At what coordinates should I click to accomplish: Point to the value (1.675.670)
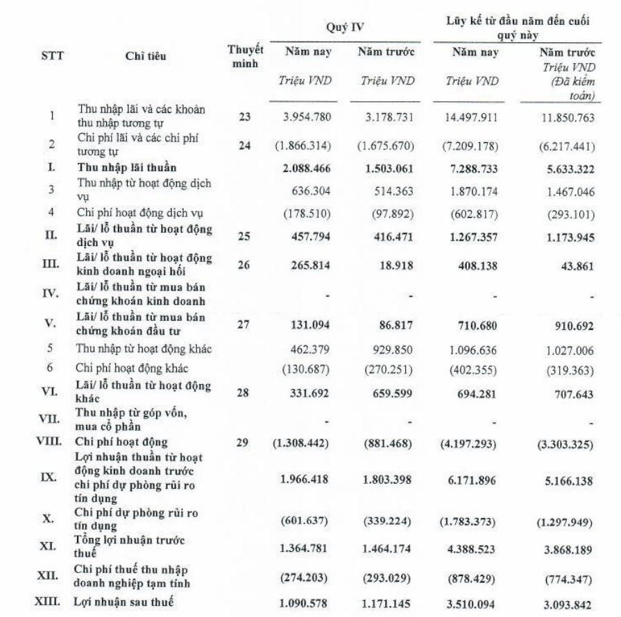(x=387, y=148)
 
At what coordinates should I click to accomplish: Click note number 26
(x=244, y=265)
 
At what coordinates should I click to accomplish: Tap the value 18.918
(x=398, y=265)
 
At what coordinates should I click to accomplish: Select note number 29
(x=244, y=442)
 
